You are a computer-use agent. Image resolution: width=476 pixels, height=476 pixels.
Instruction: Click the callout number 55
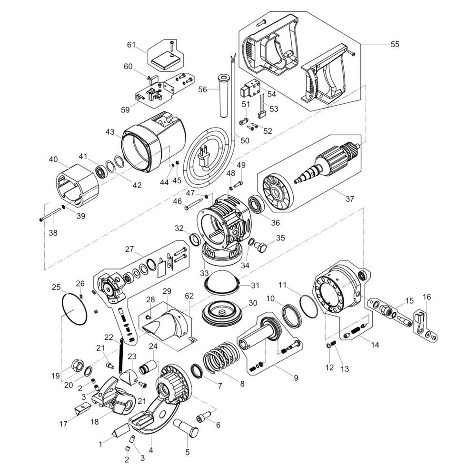pyautogui.click(x=395, y=44)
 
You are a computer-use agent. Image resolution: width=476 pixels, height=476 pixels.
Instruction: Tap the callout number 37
pyautogui.click(x=350, y=199)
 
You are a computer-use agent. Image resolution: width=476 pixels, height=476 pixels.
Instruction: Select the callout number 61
pyautogui.click(x=131, y=45)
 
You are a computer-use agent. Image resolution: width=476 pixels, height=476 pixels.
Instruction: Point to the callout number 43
pyautogui.click(x=110, y=132)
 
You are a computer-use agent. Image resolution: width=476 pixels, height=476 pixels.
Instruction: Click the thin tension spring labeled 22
pyautogui.click(x=121, y=355)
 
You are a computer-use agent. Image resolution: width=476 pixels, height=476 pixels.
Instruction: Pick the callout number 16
pyautogui.click(x=426, y=297)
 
